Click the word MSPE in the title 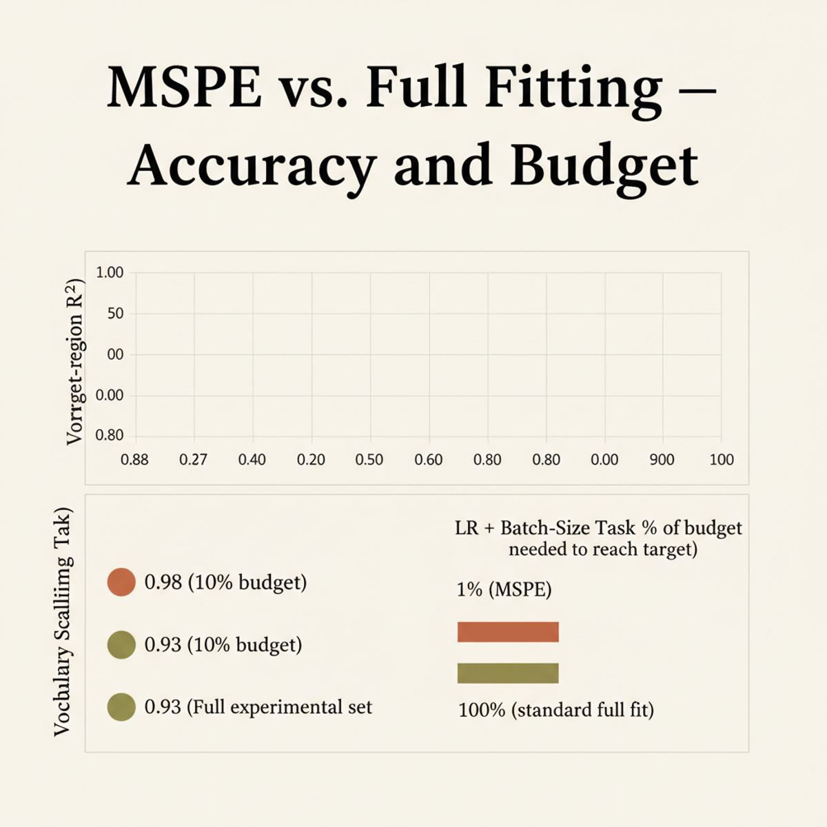(x=184, y=88)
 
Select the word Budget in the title (x=604, y=166)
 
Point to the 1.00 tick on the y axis (x=110, y=273)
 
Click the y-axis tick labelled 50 (x=115, y=314)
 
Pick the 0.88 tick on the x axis (x=134, y=460)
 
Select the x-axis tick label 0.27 (x=193, y=460)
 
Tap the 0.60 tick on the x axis (x=428, y=460)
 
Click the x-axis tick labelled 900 (x=662, y=460)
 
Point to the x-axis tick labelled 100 (x=722, y=460)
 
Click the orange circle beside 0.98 (x=121, y=582)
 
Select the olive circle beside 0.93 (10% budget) (x=121, y=645)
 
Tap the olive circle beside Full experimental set (x=121, y=707)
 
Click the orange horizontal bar (x=508, y=632)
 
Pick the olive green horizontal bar (x=508, y=673)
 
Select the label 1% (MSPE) (x=504, y=590)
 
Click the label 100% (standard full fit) (x=555, y=710)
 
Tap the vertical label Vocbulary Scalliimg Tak (x=63, y=622)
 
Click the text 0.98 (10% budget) (x=225, y=582)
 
